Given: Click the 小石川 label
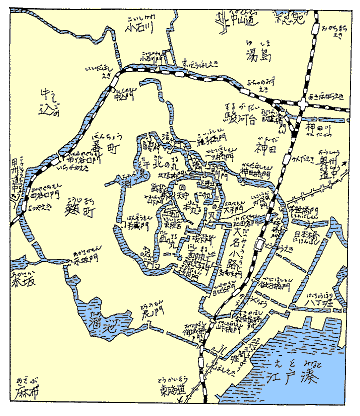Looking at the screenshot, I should (136, 29).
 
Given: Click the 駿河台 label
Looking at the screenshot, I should (246, 118).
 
